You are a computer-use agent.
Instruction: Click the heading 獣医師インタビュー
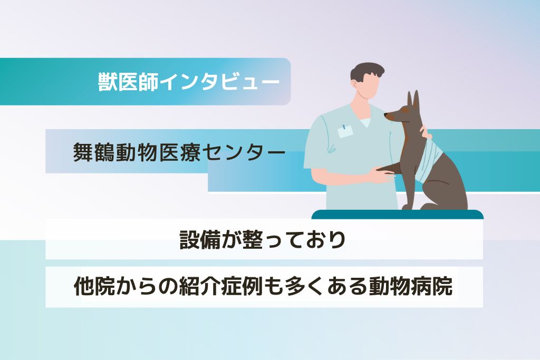point(189,82)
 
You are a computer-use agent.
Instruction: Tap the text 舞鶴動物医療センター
point(179,152)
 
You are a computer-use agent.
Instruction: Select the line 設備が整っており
point(263,240)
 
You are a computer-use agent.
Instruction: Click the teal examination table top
point(398,214)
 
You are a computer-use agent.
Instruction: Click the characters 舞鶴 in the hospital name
point(94,152)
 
